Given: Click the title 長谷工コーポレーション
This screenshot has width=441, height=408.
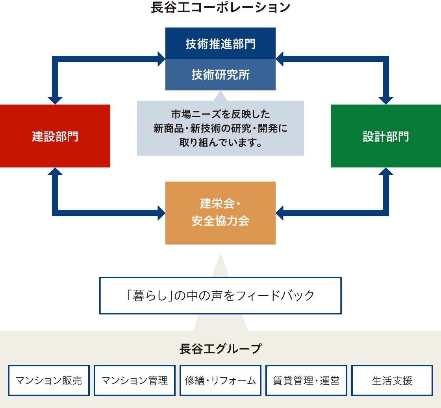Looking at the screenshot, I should [x=220, y=7].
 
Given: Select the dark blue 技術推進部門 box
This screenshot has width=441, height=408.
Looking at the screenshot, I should [x=220, y=43].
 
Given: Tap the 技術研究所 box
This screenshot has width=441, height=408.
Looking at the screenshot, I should [x=220, y=75].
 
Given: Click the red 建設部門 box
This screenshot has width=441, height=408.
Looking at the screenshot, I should [x=55, y=136].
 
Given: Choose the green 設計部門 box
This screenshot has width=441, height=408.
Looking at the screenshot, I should [x=386, y=136].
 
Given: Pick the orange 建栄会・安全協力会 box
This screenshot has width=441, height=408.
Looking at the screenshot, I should [x=220, y=213].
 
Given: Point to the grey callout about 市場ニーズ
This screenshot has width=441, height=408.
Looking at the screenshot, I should [x=220, y=128].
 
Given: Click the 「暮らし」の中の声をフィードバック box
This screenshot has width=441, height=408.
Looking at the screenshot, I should [x=220, y=296].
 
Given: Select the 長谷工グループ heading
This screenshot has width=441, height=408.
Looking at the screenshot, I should [x=220, y=349].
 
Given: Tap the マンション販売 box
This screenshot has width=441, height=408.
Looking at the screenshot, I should [x=49, y=380].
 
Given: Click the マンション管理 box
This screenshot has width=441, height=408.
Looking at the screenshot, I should [x=135, y=380].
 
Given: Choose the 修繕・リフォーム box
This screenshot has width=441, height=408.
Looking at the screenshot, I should [x=220, y=380].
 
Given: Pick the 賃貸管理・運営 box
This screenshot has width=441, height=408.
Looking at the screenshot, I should [x=306, y=380].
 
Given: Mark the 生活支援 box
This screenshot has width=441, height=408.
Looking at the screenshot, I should [x=392, y=380].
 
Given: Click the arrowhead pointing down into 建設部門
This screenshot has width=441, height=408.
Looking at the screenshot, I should [x=55, y=100].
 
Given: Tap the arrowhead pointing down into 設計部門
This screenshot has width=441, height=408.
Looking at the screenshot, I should [x=386, y=100].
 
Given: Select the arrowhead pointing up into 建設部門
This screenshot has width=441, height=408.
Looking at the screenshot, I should [x=55, y=172].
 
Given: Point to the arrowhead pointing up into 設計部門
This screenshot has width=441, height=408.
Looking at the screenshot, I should [x=386, y=172].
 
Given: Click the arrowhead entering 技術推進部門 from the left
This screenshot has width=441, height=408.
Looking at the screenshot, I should [x=161, y=59].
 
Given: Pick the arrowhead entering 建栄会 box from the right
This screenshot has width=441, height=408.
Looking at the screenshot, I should [x=280, y=213].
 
